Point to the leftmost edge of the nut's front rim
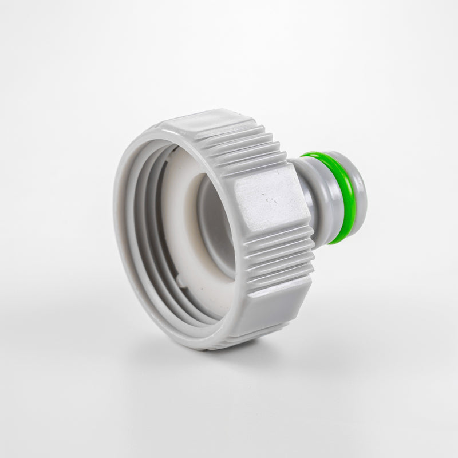[x=114, y=229]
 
